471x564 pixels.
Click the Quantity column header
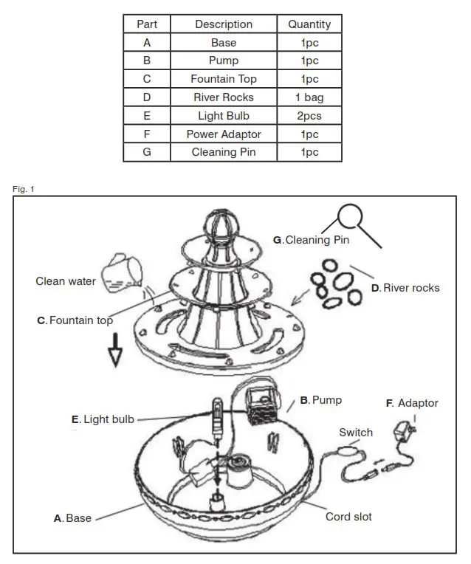pos(309,24)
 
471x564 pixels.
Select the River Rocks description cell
pos(223,97)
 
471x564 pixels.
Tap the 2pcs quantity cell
pos(309,116)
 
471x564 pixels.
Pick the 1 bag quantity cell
pos(309,97)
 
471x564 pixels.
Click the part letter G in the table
pos(147,152)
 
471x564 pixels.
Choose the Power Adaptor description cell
pos(223,134)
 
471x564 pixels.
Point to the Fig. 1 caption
pos(24,190)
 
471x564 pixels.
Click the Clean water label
pos(66,281)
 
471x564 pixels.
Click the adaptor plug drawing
pos(405,430)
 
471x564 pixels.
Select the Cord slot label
pos(348,517)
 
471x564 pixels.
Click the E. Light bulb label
pos(103,419)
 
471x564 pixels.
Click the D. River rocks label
pos(405,287)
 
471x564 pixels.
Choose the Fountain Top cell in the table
pos(223,79)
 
